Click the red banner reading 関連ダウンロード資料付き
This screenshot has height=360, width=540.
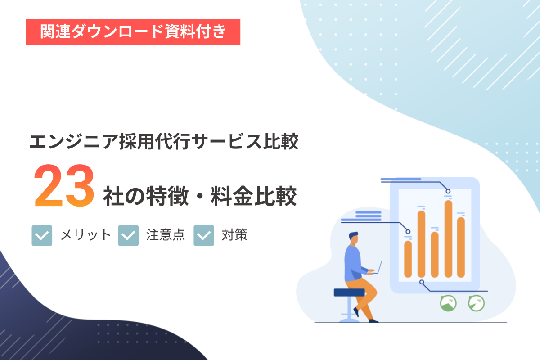tap(133, 32)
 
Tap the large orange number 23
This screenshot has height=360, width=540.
tap(64, 185)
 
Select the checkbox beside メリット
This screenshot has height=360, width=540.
tap(42, 235)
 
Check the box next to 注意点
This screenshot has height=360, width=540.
tap(128, 235)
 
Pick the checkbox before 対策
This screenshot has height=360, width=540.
tap(204, 235)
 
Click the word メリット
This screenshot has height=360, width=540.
tap(85, 235)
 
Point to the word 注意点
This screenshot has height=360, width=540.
tap(166, 235)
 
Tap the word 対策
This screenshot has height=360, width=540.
tap(234, 235)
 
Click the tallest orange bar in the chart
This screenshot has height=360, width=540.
tap(448, 238)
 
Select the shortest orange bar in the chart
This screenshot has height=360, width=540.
tap(408, 259)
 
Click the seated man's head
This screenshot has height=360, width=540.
tap(354, 238)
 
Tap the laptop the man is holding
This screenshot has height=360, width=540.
tap(377, 269)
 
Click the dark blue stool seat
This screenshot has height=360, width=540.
tap(349, 292)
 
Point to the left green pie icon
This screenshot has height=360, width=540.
tap(448, 303)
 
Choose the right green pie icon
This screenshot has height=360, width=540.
tap(476, 303)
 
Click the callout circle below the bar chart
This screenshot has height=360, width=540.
tap(422, 282)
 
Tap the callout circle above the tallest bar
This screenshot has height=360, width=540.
tap(448, 191)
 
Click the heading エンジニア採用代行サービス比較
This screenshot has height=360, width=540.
tap(164, 142)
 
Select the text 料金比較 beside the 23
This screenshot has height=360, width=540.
tap(254, 196)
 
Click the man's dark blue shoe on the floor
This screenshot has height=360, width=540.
tap(373, 321)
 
